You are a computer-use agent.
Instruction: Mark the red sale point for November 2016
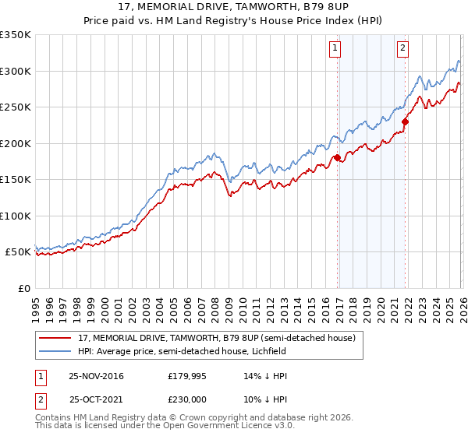point(337,158)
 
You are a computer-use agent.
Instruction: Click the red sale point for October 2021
point(406,121)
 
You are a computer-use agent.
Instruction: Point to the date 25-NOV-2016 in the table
point(96,375)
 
